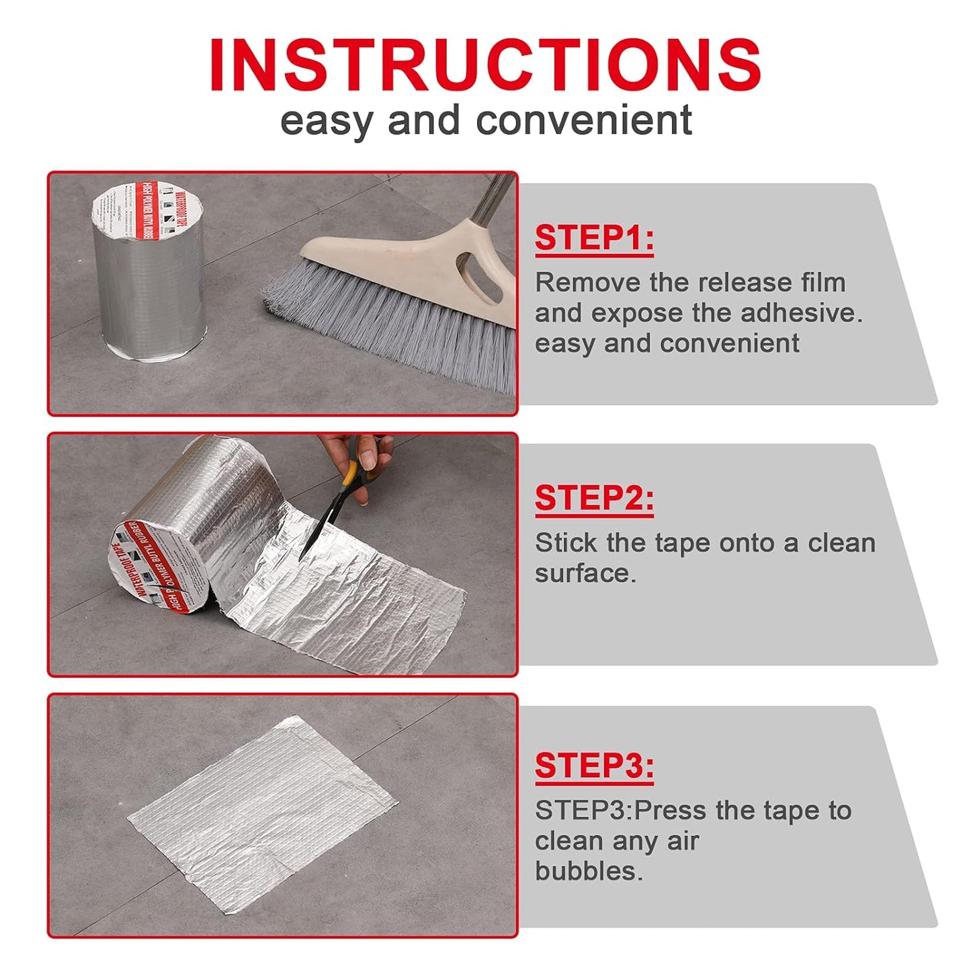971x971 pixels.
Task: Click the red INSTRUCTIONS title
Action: [x=485, y=65]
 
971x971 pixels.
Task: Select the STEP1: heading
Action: [x=594, y=238]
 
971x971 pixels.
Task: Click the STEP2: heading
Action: [x=594, y=499]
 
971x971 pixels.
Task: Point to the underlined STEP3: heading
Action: [x=594, y=765]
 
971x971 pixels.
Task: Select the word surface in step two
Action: [x=585, y=574]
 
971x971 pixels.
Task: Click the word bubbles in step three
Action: [x=589, y=872]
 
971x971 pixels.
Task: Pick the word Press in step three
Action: [x=671, y=811]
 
